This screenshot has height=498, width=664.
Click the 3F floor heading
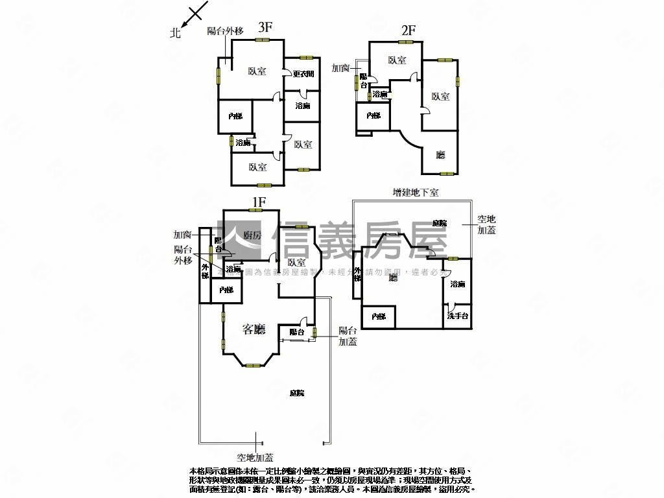(x=265, y=27)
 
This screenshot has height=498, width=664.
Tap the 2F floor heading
(x=408, y=30)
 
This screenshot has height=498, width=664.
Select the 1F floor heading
(x=258, y=202)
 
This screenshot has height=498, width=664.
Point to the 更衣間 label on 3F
(x=303, y=74)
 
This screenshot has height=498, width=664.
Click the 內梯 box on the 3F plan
(x=235, y=116)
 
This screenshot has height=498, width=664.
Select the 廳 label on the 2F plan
(x=440, y=154)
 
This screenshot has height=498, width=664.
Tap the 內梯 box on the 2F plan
(x=373, y=115)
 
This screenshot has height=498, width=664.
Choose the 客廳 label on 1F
(x=254, y=329)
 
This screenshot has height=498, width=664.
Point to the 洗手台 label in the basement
(x=458, y=316)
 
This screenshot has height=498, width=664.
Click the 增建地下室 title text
(x=416, y=193)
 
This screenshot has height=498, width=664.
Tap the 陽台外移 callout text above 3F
(x=226, y=30)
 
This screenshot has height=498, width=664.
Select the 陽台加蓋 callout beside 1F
(x=348, y=336)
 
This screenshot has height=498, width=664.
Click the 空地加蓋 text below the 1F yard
(x=255, y=458)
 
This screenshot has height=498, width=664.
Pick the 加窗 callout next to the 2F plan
(x=342, y=67)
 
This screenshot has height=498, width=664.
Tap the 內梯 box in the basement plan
(x=379, y=316)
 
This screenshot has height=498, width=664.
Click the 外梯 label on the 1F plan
(x=205, y=271)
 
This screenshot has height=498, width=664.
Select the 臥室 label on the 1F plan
(x=296, y=263)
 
